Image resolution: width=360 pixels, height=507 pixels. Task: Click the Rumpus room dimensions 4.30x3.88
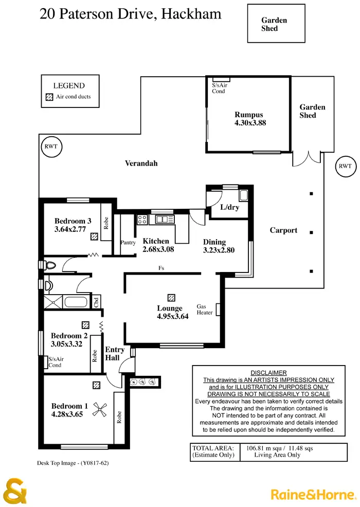[x=250, y=123]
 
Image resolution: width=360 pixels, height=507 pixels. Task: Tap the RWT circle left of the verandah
[x=50, y=147]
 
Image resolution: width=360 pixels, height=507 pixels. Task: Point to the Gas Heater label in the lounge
[x=205, y=309]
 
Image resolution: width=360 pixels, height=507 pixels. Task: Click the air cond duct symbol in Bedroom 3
[x=95, y=237]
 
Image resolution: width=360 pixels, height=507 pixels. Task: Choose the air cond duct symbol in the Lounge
[x=171, y=298]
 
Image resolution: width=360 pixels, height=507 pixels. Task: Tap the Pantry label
[x=128, y=242]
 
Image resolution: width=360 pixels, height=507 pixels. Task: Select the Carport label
[x=283, y=230]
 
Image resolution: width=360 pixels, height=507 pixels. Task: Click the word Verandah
[x=141, y=164]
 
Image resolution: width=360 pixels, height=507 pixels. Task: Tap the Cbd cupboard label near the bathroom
[x=96, y=302]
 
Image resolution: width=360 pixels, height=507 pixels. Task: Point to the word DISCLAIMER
[x=268, y=373]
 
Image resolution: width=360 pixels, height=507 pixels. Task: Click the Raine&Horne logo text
[x=313, y=494]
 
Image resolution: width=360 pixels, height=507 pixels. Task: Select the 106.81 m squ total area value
[x=271, y=448]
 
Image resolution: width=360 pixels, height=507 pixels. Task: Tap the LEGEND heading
[x=69, y=86]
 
